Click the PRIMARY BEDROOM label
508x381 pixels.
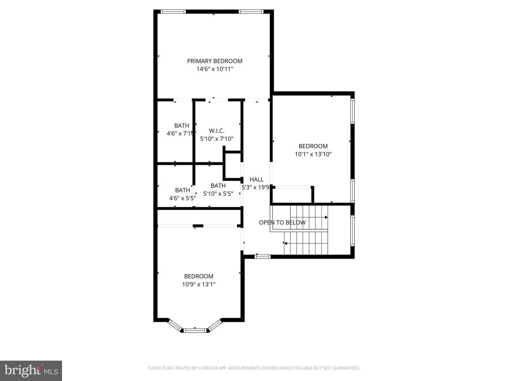pyautogui.click(x=214, y=61)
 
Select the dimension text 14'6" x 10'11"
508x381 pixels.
pyautogui.click(x=214, y=69)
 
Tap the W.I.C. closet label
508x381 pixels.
pyautogui.click(x=217, y=131)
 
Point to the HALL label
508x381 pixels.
pyautogui.click(x=256, y=180)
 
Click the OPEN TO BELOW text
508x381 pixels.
pyautogui.click(x=282, y=223)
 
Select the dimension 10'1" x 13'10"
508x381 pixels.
pyautogui.click(x=313, y=154)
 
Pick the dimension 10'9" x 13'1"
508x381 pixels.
pyautogui.click(x=199, y=284)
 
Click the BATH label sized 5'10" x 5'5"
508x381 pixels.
pyautogui.click(x=218, y=186)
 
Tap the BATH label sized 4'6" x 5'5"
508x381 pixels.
pyautogui.click(x=182, y=190)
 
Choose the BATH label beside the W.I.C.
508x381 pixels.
pyautogui.click(x=182, y=126)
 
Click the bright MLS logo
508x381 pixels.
pyautogui.click(x=31, y=370)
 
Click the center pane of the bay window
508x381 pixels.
pyautogui.click(x=195, y=330)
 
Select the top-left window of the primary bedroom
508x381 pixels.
pyautogui.click(x=173, y=12)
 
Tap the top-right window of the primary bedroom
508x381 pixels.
pyautogui.click(x=251, y=12)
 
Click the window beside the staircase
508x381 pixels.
pyautogui.click(x=352, y=230)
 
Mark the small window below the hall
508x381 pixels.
pyautogui.click(x=262, y=256)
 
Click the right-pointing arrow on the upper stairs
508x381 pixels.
pyautogui.click(x=326, y=217)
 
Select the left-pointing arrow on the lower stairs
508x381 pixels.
pyautogui.click(x=285, y=243)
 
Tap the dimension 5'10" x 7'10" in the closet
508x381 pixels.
pyautogui.click(x=217, y=139)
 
